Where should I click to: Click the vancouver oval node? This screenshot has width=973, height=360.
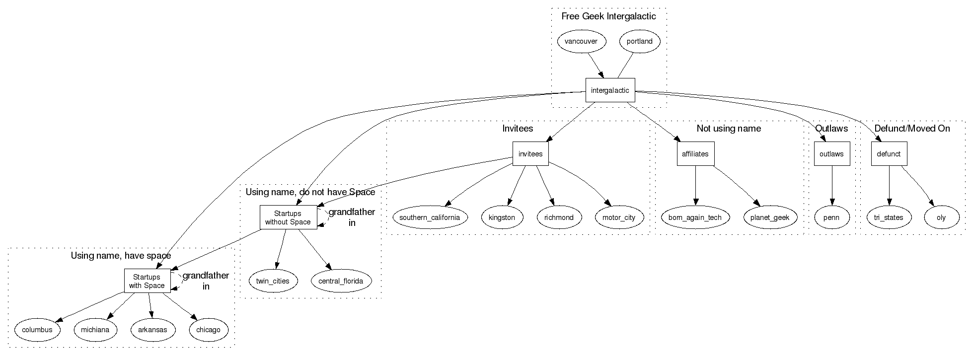point(581,42)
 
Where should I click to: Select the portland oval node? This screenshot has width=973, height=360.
point(639,42)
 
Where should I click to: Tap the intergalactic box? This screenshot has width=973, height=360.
point(610,90)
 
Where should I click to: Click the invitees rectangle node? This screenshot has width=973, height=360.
point(530,154)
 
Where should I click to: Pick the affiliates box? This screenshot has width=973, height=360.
point(695,154)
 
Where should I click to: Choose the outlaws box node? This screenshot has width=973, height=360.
point(831,154)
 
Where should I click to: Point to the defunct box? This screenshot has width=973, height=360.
point(889,154)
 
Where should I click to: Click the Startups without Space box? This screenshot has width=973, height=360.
point(288,217)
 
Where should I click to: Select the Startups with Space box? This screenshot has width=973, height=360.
point(147,281)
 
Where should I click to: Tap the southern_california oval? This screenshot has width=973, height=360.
point(430,217)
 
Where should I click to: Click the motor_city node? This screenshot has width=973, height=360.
point(618,217)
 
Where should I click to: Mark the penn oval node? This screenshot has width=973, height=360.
point(831,217)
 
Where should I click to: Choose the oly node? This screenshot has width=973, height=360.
point(941,217)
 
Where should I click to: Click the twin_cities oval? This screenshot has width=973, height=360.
point(273,281)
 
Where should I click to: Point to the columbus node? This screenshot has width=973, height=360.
point(37,330)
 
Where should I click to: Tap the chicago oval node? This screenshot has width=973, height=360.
point(208,330)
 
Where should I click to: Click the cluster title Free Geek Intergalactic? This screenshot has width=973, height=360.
point(608,16)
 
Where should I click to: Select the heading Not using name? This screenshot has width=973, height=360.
point(729,129)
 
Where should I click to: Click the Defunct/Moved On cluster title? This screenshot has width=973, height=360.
point(912,129)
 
